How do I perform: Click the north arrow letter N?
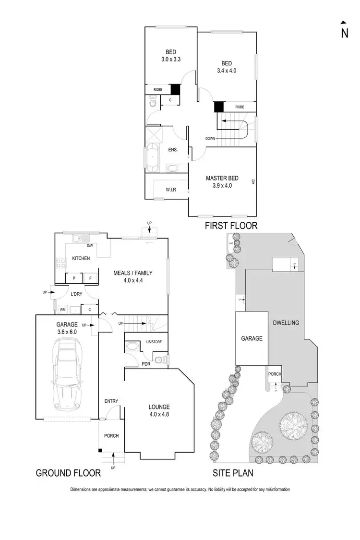coord(345,33)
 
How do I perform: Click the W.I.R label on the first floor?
coord(171,190)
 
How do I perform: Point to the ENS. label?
coord(173,150)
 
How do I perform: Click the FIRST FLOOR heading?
coord(231,226)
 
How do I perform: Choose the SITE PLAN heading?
coord(233,473)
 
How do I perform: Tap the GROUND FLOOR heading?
coord(69,473)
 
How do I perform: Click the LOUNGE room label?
coord(159,407)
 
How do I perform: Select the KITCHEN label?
coord(81,258)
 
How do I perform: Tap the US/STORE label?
coord(154,342)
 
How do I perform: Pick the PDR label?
coord(146,364)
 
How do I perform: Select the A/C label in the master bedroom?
coord(252,182)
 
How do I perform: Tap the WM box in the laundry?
coord(62,309)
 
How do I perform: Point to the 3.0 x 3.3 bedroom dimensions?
coord(170,60)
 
